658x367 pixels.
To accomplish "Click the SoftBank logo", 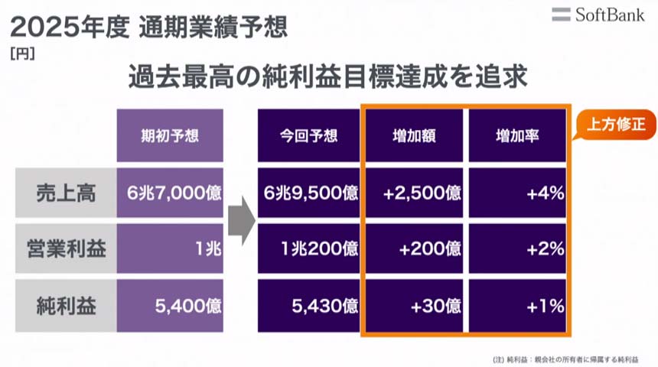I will point(598,15).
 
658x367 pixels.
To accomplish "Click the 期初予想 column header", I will point(170,136).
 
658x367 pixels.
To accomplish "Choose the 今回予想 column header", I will point(308,136).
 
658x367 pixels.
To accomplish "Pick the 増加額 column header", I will point(414,136).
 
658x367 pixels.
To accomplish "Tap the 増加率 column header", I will point(517,136).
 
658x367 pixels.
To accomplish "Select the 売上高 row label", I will point(66,193).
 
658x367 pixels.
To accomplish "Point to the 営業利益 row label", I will point(66,249).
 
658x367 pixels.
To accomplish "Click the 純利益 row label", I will point(66,306).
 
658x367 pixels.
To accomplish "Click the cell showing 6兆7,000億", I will point(170,193).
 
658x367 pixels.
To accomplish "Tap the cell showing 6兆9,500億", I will point(308,193).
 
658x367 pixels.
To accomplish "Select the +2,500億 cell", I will point(414,193).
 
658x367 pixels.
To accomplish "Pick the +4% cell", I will point(517,193).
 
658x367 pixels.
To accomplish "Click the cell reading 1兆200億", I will point(308,249).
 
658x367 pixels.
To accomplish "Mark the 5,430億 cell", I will point(308,306).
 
